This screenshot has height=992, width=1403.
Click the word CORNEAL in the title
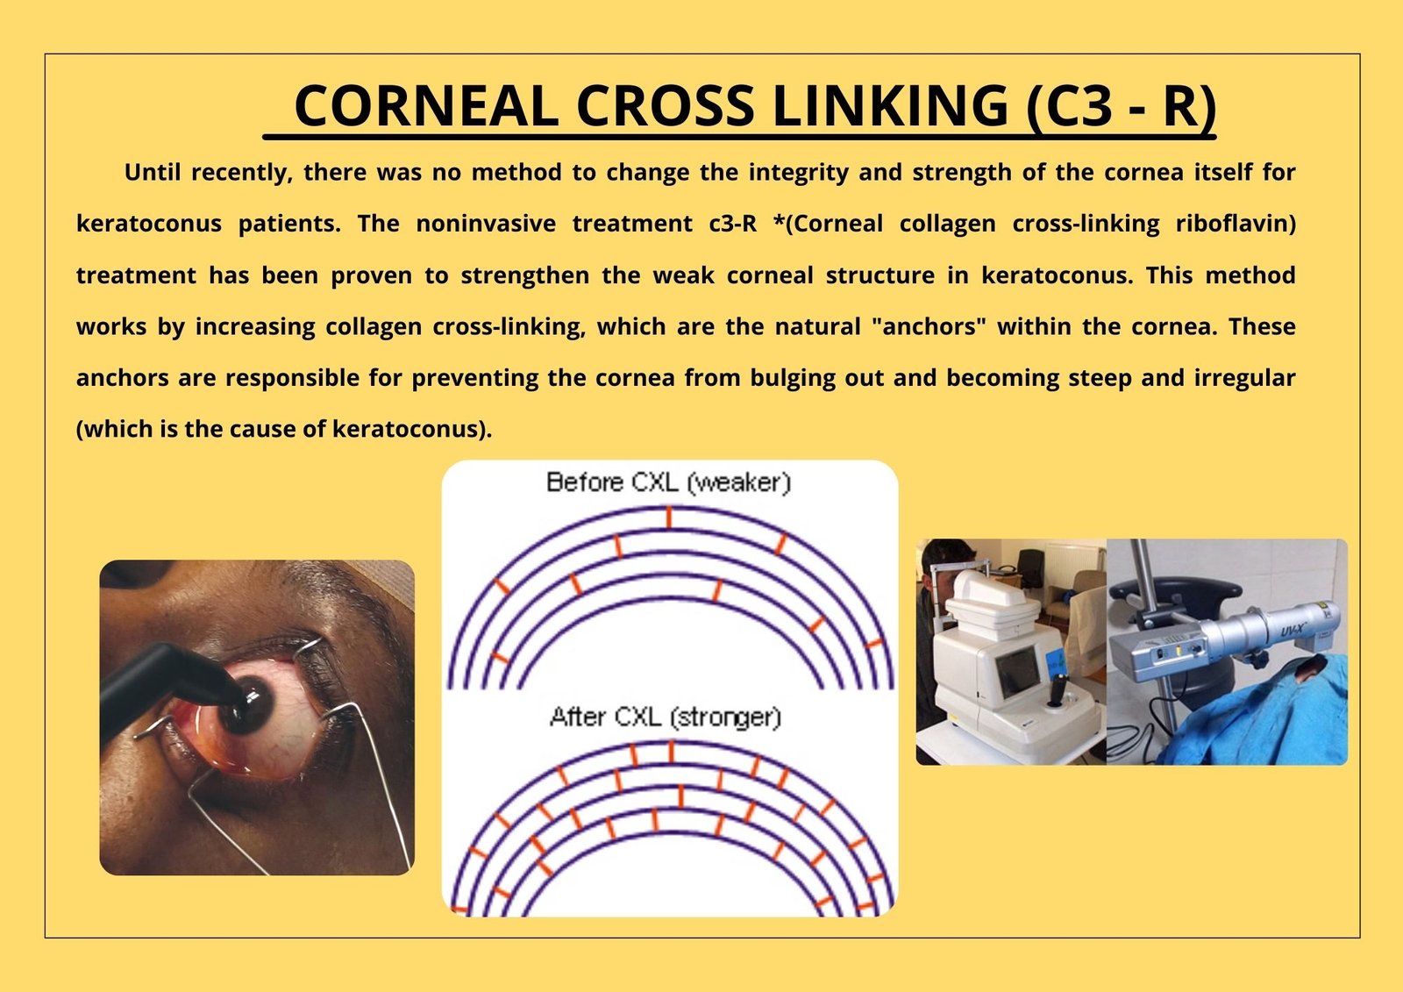pos(426,105)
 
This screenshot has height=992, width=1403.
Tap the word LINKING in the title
pos(891,105)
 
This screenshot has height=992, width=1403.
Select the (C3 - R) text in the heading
pos(1122,106)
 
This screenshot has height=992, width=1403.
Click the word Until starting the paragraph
pos(153,172)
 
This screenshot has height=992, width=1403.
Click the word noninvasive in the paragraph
pos(486,224)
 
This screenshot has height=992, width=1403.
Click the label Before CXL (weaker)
pos(669,482)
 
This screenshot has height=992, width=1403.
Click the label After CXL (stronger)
pos(666,717)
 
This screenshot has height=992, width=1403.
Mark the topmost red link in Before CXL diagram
pos(669,518)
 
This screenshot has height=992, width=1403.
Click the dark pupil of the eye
pos(248,705)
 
